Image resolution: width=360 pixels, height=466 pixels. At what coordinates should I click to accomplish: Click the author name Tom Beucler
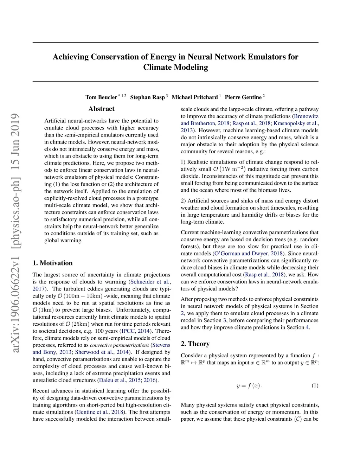pyautogui.click(x=101, y=97)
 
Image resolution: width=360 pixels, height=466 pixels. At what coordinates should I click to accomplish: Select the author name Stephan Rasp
pyautogui.click(x=147, y=97)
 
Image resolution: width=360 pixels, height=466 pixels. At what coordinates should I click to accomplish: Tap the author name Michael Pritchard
pyautogui.click(x=195, y=97)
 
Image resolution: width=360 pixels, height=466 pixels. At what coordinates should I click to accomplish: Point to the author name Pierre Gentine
pyautogui.click(x=243, y=97)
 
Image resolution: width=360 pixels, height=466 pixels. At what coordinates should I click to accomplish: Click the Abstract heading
pyautogui.click(x=101, y=109)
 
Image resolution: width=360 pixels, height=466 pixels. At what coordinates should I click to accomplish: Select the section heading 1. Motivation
pyautogui.click(x=52, y=263)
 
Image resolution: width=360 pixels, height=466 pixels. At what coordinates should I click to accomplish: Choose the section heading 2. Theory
pyautogui.click(x=195, y=344)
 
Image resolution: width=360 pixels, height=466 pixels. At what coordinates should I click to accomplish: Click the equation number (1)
pyautogui.click(x=315, y=385)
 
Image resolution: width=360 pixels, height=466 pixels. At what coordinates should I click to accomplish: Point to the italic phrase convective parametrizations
pyautogui.click(x=120, y=345)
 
